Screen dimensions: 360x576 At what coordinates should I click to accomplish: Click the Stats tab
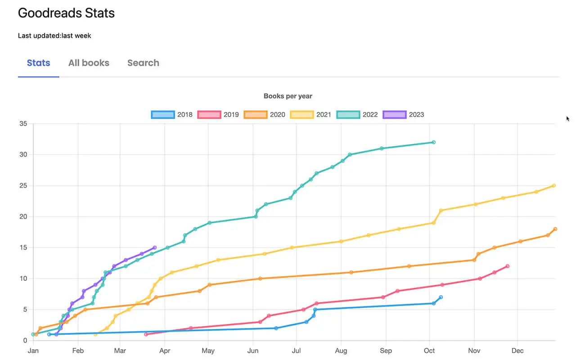[x=38, y=63]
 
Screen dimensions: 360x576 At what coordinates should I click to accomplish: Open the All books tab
[x=89, y=63]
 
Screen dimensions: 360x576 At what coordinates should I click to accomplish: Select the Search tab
[x=143, y=63]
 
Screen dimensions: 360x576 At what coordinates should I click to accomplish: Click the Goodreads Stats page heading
[x=66, y=13]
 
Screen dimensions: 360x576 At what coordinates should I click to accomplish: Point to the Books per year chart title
[x=288, y=96]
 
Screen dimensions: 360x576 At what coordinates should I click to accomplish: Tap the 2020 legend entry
[x=265, y=115]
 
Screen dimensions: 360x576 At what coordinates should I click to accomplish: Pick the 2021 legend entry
[x=311, y=115]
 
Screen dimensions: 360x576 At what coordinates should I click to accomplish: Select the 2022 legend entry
[x=357, y=115]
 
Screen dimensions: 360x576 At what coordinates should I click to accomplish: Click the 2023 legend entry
[x=404, y=115]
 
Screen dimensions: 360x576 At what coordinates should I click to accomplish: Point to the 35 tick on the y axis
[x=22, y=124]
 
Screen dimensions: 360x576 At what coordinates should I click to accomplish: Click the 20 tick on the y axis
[x=22, y=216]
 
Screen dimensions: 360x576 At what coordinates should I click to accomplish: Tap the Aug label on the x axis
[x=341, y=351]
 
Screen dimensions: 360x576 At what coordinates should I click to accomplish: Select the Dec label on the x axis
[x=517, y=351]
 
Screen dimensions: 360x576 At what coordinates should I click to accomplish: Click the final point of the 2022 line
[x=433, y=142]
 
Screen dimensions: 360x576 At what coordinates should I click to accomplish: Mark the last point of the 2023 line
[x=155, y=247]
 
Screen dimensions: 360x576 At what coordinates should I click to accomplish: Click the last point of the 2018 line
[x=441, y=297]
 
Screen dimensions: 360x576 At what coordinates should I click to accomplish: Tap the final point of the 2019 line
[x=508, y=266]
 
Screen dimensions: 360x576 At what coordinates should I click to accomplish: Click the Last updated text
[x=54, y=36]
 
